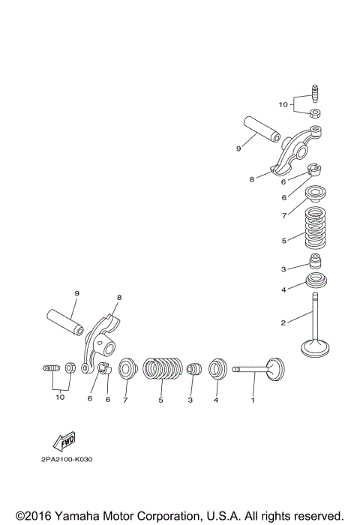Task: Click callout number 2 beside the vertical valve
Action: point(283,323)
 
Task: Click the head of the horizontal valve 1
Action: point(274,368)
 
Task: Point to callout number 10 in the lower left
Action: point(59,397)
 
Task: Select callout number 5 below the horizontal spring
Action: point(160,400)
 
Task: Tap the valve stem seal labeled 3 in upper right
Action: point(316,265)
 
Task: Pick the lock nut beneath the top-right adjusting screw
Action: point(316,114)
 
